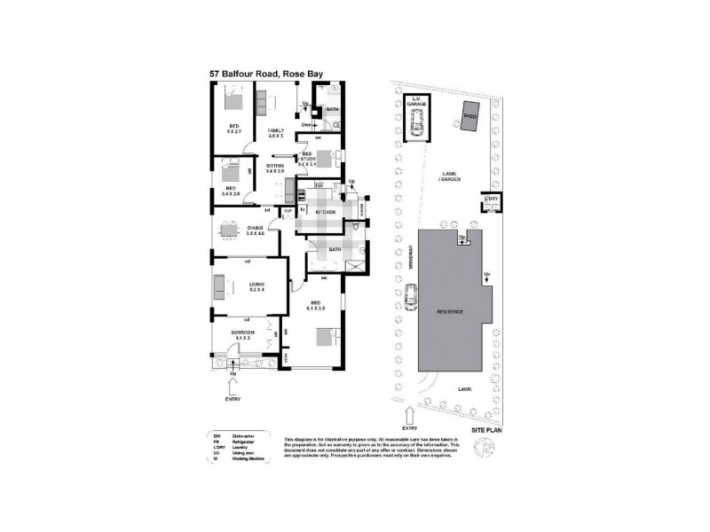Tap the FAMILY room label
(276, 134)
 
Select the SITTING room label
(275, 168)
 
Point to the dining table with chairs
(230, 231)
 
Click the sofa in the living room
(218, 288)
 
